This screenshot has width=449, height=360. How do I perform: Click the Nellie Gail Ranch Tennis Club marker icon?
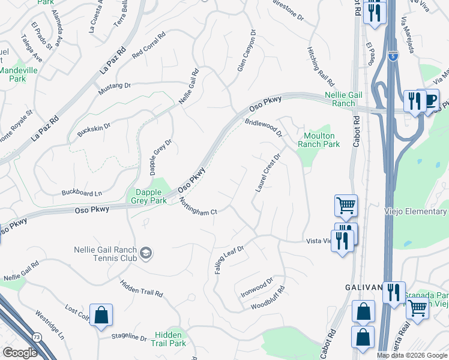[x=145, y=254]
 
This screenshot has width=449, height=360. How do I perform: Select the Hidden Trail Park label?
[x=170, y=339]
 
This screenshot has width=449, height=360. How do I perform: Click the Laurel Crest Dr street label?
[x=268, y=173]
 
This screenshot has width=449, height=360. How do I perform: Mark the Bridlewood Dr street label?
[x=264, y=127]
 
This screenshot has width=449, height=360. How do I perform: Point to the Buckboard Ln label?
[x=82, y=193]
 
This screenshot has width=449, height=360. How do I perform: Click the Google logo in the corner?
[x=20, y=353]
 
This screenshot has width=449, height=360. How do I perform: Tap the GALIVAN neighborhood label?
[x=364, y=288]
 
